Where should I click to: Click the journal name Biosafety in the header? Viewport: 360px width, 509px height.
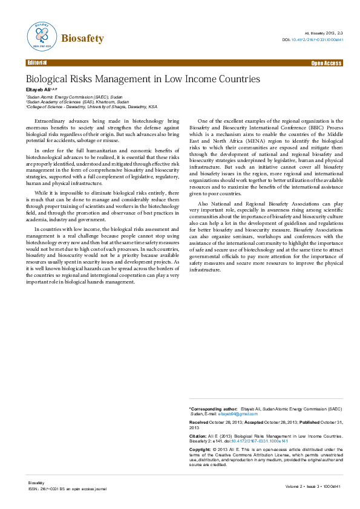[82, 39]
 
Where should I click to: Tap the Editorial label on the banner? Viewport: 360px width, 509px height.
[37, 63]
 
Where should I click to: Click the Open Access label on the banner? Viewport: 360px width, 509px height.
[326, 63]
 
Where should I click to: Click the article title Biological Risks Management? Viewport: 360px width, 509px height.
[142, 79]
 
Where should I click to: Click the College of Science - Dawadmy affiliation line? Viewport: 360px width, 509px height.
[91, 106]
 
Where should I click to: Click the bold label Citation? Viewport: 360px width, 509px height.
[198, 435]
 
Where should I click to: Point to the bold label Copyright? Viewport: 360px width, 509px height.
[200, 450]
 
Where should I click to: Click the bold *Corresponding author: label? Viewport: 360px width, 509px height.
[213, 409]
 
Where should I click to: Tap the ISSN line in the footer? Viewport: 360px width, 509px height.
[62, 488]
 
